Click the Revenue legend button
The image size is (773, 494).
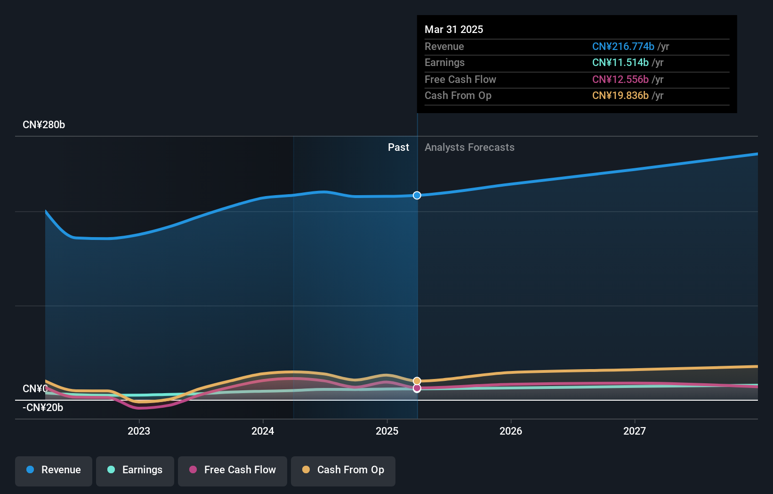point(54,470)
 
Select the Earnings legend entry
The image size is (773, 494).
point(135,470)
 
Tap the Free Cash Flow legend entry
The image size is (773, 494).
point(233,470)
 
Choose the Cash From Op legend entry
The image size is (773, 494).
point(343,470)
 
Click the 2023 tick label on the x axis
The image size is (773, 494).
point(139,431)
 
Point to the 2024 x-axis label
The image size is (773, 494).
point(263,431)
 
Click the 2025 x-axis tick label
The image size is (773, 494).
point(387,431)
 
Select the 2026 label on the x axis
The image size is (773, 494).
point(511,431)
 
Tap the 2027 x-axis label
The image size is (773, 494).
point(635,431)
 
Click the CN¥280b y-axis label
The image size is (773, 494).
point(44,125)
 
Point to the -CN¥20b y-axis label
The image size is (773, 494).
point(43,408)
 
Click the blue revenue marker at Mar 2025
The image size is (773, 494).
point(417,195)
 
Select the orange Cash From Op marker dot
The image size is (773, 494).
point(417,381)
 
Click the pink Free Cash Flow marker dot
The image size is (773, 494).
point(417,388)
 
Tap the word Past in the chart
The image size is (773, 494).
point(398,148)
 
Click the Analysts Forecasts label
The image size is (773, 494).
point(469,148)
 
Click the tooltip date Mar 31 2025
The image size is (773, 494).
point(454,29)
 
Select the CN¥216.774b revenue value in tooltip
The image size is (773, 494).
point(623,47)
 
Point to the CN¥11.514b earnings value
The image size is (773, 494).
point(620,63)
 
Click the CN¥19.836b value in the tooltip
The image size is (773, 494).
point(620,96)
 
